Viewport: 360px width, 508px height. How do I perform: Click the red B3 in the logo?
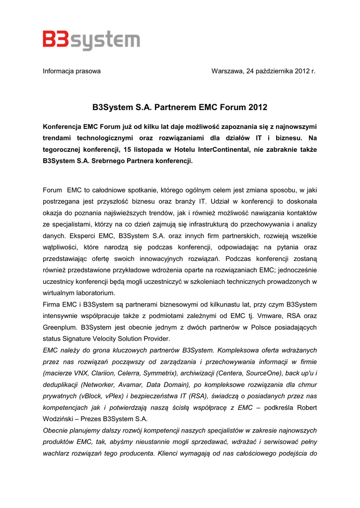(x=56, y=40)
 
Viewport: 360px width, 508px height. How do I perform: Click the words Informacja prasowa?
(x=72, y=71)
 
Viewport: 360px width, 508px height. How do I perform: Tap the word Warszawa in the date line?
(x=227, y=71)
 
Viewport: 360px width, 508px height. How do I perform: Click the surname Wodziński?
(x=60, y=419)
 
